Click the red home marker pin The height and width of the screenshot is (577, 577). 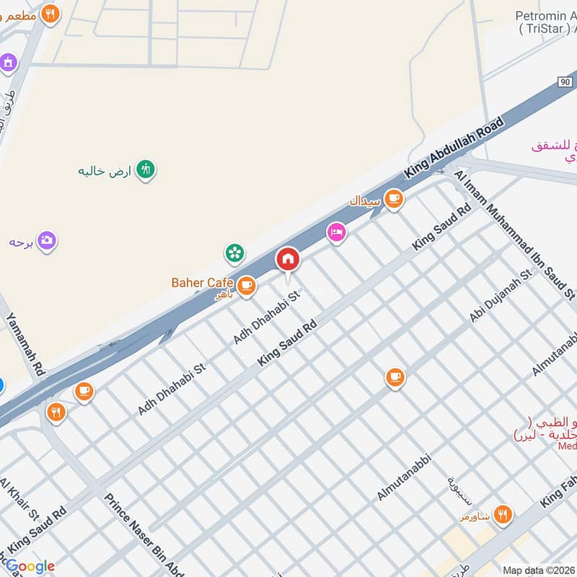tap(288, 259)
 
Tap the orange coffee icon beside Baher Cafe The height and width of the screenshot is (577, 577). tap(247, 286)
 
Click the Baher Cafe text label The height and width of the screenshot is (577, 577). tap(202, 283)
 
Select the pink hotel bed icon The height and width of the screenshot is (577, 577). tap(336, 232)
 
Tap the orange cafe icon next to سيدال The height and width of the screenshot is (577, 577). tap(393, 198)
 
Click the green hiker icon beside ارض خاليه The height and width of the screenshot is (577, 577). tap(146, 169)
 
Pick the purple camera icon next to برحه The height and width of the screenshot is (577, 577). tap(47, 240)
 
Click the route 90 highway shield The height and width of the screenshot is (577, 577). tap(565, 83)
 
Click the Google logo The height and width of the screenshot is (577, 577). tap(30, 566)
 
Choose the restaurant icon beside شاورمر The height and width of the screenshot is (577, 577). tap(503, 514)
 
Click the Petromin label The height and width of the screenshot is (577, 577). tap(545, 16)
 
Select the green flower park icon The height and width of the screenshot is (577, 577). tap(234, 252)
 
